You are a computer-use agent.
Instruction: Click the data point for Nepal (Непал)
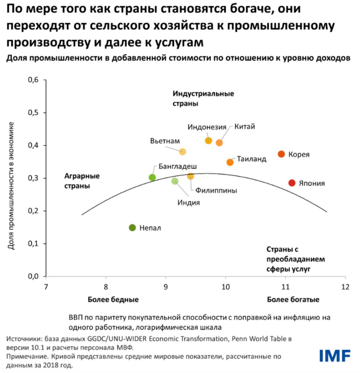click(x=132, y=228)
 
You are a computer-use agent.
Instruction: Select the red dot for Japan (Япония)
click(x=292, y=183)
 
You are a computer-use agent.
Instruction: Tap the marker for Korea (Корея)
click(x=281, y=154)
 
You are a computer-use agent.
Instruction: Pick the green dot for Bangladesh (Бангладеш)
click(x=152, y=177)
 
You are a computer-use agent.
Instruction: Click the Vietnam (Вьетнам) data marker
click(x=182, y=152)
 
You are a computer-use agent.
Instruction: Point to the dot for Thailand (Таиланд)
click(x=230, y=162)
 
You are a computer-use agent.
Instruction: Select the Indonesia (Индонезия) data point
click(x=208, y=141)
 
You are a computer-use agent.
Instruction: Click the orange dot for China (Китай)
click(x=219, y=143)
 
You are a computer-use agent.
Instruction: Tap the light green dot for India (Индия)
click(x=175, y=181)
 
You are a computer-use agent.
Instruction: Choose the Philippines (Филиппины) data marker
click(x=191, y=176)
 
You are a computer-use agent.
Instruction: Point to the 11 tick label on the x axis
click(x=285, y=286)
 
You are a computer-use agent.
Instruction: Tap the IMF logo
click(x=335, y=356)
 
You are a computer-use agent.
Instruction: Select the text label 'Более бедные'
click(x=113, y=300)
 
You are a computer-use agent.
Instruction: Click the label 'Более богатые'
click(x=293, y=300)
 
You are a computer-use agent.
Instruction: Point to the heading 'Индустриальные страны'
click(x=203, y=98)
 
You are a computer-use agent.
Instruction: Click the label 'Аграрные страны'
click(x=82, y=181)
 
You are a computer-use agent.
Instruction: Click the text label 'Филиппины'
click(x=216, y=190)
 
